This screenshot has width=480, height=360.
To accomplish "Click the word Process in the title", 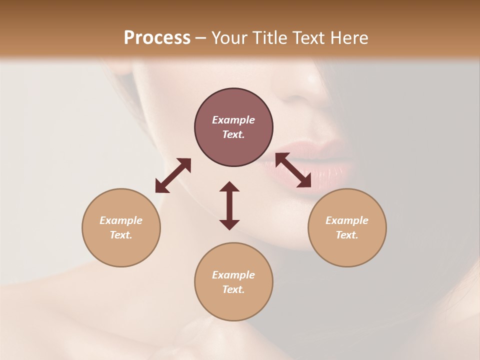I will (x=157, y=38).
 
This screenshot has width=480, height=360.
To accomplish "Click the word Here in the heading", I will (x=350, y=38).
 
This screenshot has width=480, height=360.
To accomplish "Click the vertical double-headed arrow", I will (x=229, y=205).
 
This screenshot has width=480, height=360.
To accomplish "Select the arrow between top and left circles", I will (x=173, y=175).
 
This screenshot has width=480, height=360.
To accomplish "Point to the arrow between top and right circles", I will (x=293, y=170).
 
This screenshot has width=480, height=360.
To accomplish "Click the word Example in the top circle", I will (x=233, y=120).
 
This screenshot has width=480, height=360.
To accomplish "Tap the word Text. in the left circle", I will (x=121, y=235).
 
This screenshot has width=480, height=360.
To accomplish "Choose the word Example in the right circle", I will (x=347, y=220).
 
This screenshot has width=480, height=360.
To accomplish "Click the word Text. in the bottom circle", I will (x=233, y=289).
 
